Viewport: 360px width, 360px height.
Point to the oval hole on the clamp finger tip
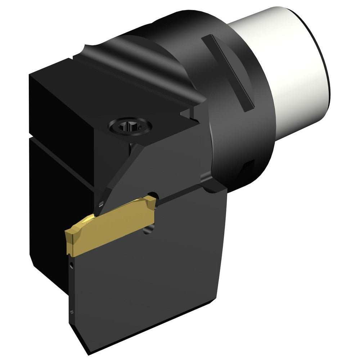pos(102,203)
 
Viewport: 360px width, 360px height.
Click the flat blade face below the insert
pos(144,281)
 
